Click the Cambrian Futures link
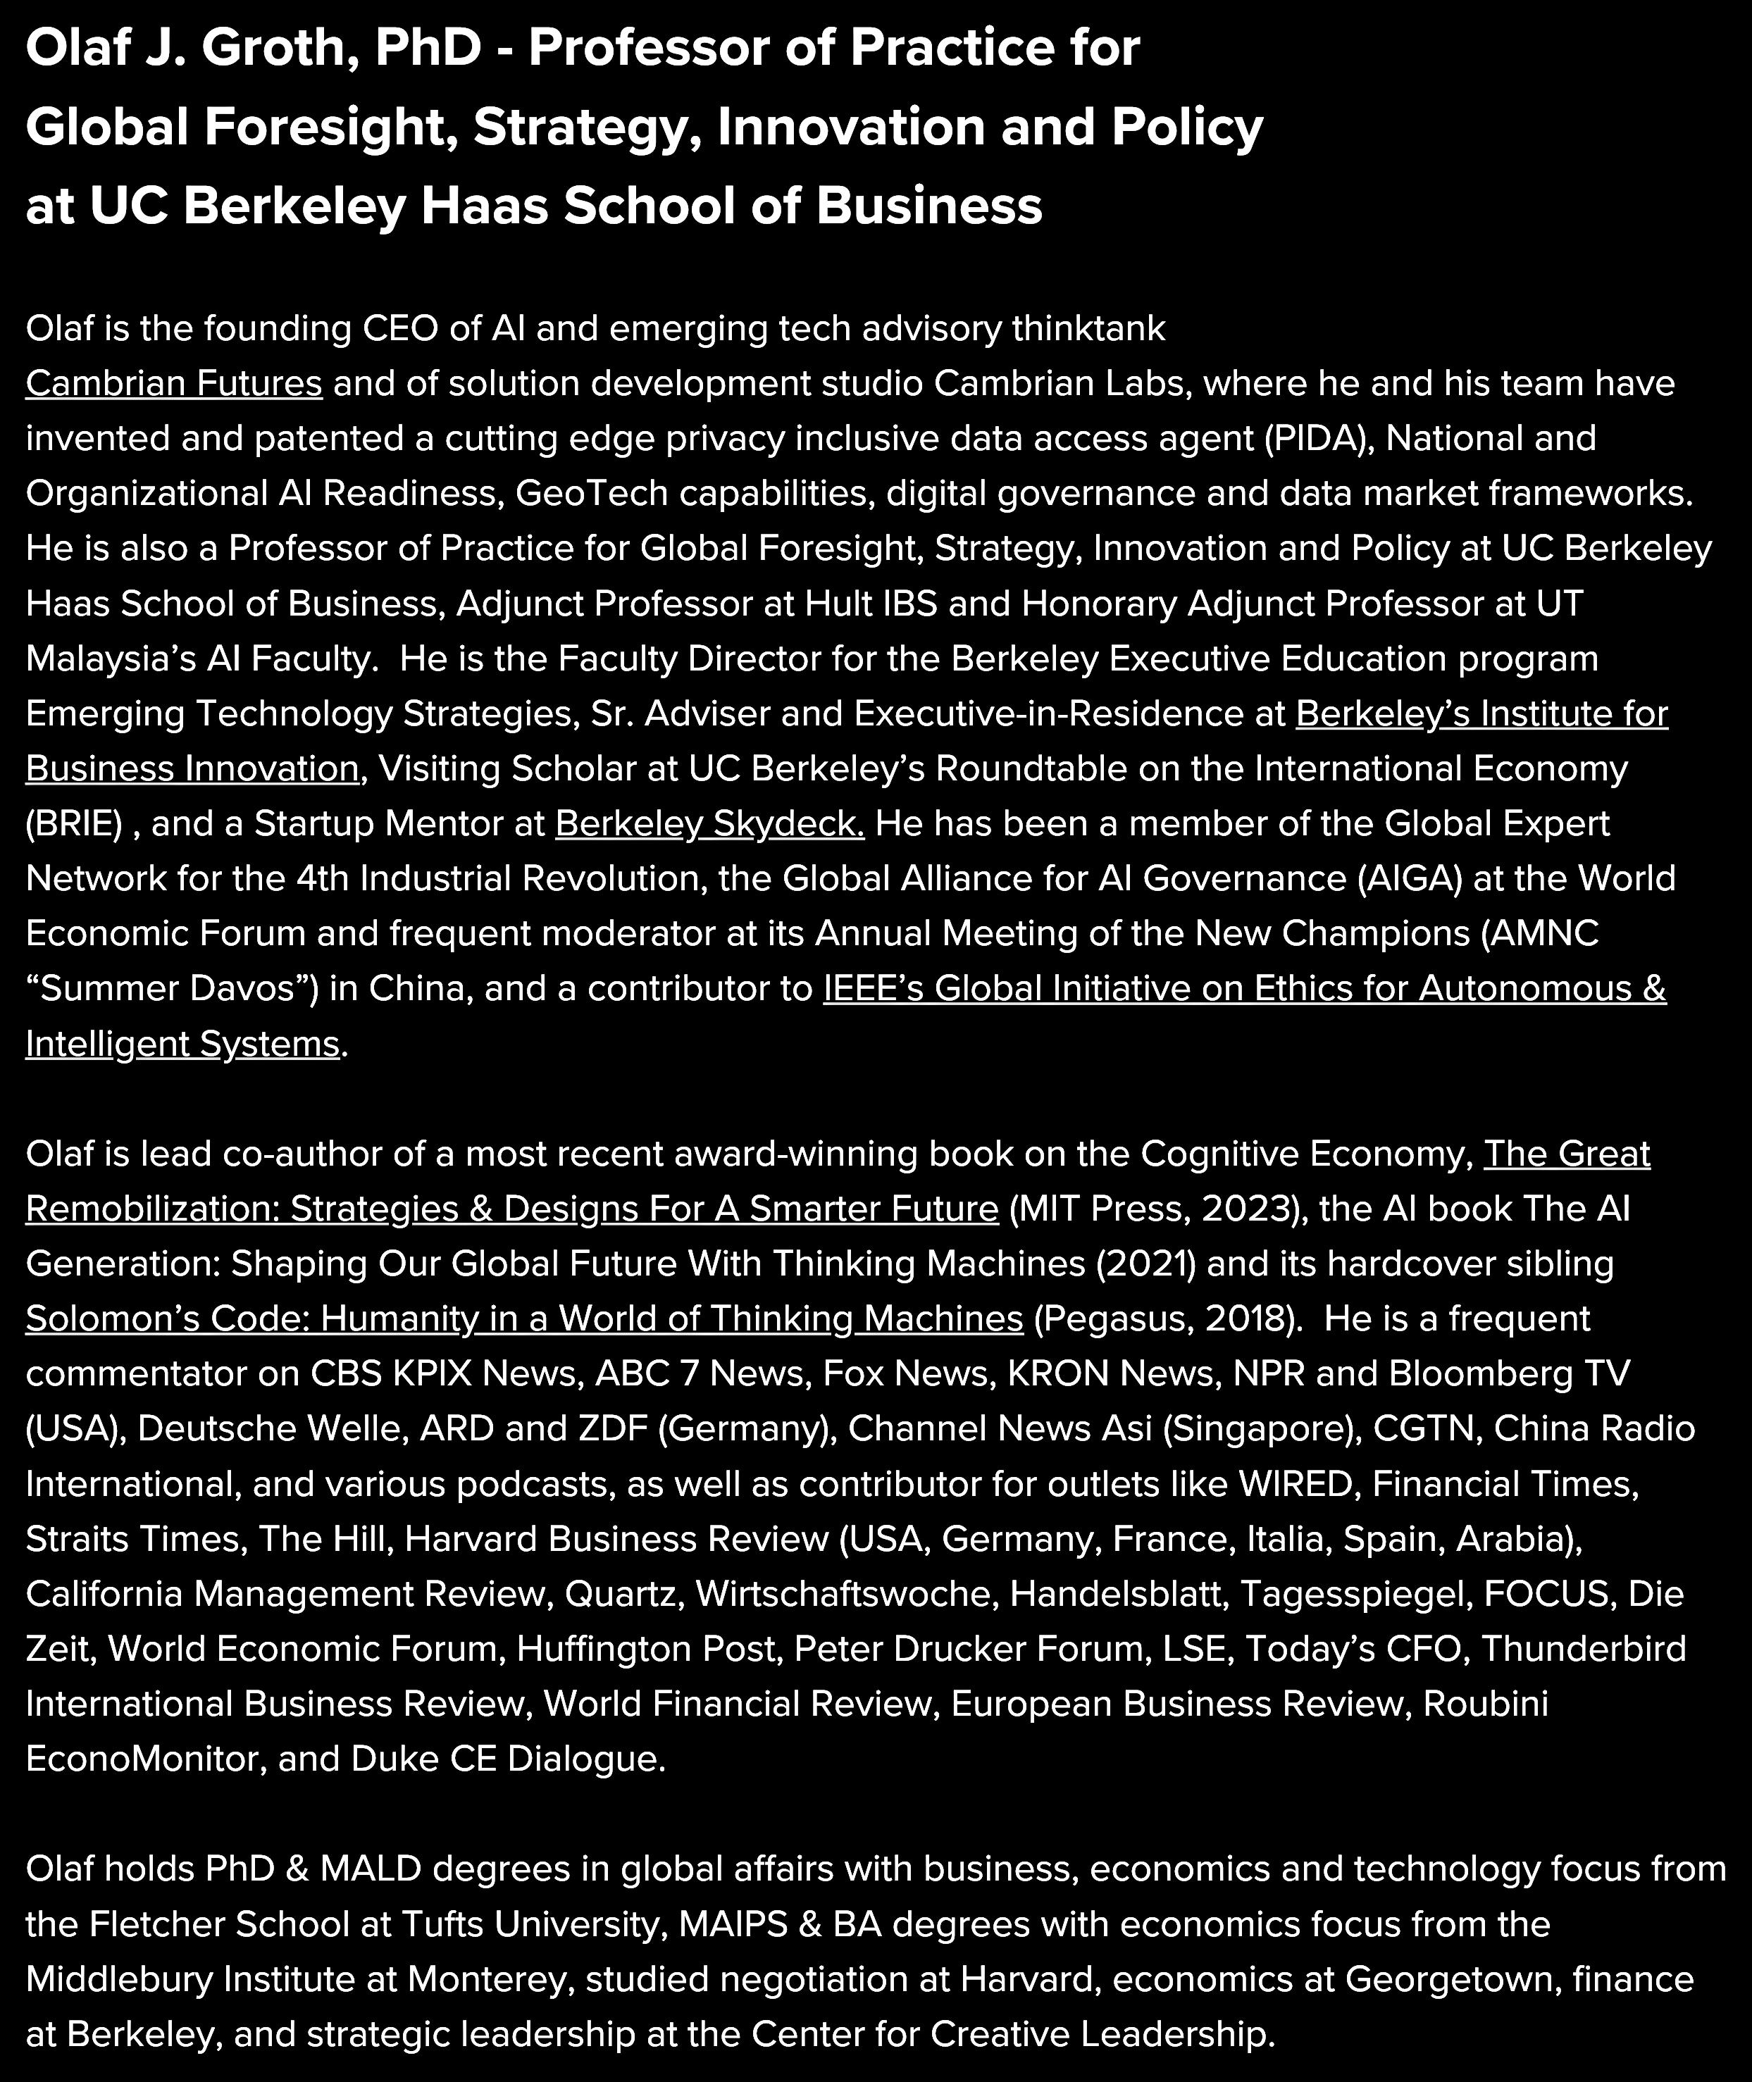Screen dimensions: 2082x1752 click(x=174, y=383)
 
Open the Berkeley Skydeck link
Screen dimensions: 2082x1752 click(x=709, y=823)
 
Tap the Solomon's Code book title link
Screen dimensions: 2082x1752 click(x=523, y=1318)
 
